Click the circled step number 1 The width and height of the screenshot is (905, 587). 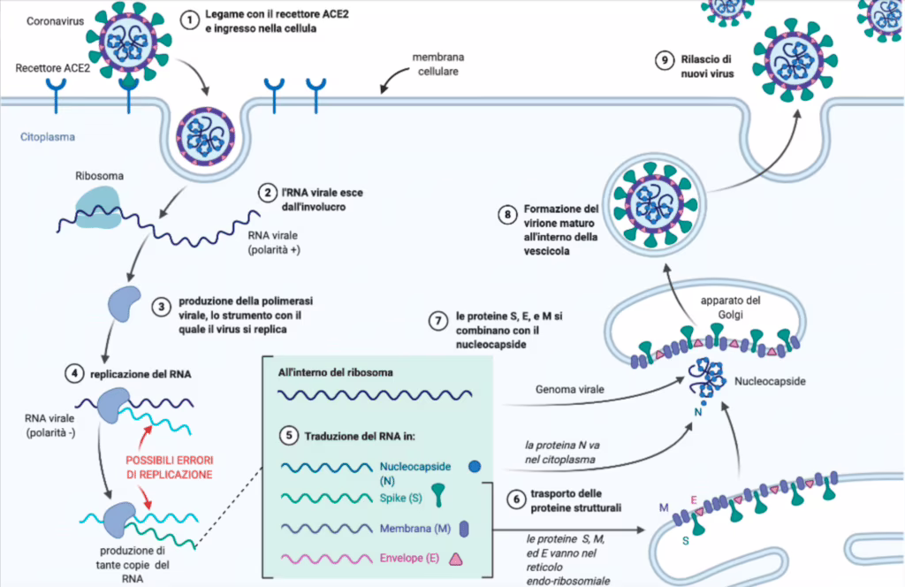(189, 20)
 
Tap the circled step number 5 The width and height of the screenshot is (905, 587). (289, 436)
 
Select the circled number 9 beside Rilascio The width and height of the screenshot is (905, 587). (665, 60)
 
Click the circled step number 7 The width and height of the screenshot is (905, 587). (438, 321)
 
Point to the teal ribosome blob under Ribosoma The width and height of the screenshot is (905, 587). (98, 208)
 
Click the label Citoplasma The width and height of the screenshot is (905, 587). (48, 137)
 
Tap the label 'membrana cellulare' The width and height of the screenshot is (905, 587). (438, 64)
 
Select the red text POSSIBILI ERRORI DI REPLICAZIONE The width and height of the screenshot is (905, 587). (169, 468)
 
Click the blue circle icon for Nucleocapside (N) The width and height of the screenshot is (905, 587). (475, 467)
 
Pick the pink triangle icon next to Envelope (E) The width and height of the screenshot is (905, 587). (456, 559)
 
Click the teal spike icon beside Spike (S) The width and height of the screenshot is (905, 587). (438, 495)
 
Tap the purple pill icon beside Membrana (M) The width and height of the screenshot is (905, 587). (463, 529)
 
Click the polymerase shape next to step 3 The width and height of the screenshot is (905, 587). (124, 303)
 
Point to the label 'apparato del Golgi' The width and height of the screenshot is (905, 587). (730, 308)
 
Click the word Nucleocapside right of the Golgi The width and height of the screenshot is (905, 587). (770, 382)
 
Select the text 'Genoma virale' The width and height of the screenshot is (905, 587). (570, 390)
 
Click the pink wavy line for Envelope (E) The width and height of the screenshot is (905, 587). (327, 559)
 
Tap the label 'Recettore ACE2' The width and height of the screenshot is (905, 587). (52, 68)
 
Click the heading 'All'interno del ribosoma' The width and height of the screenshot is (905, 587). (335, 373)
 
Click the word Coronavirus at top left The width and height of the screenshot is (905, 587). (56, 21)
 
